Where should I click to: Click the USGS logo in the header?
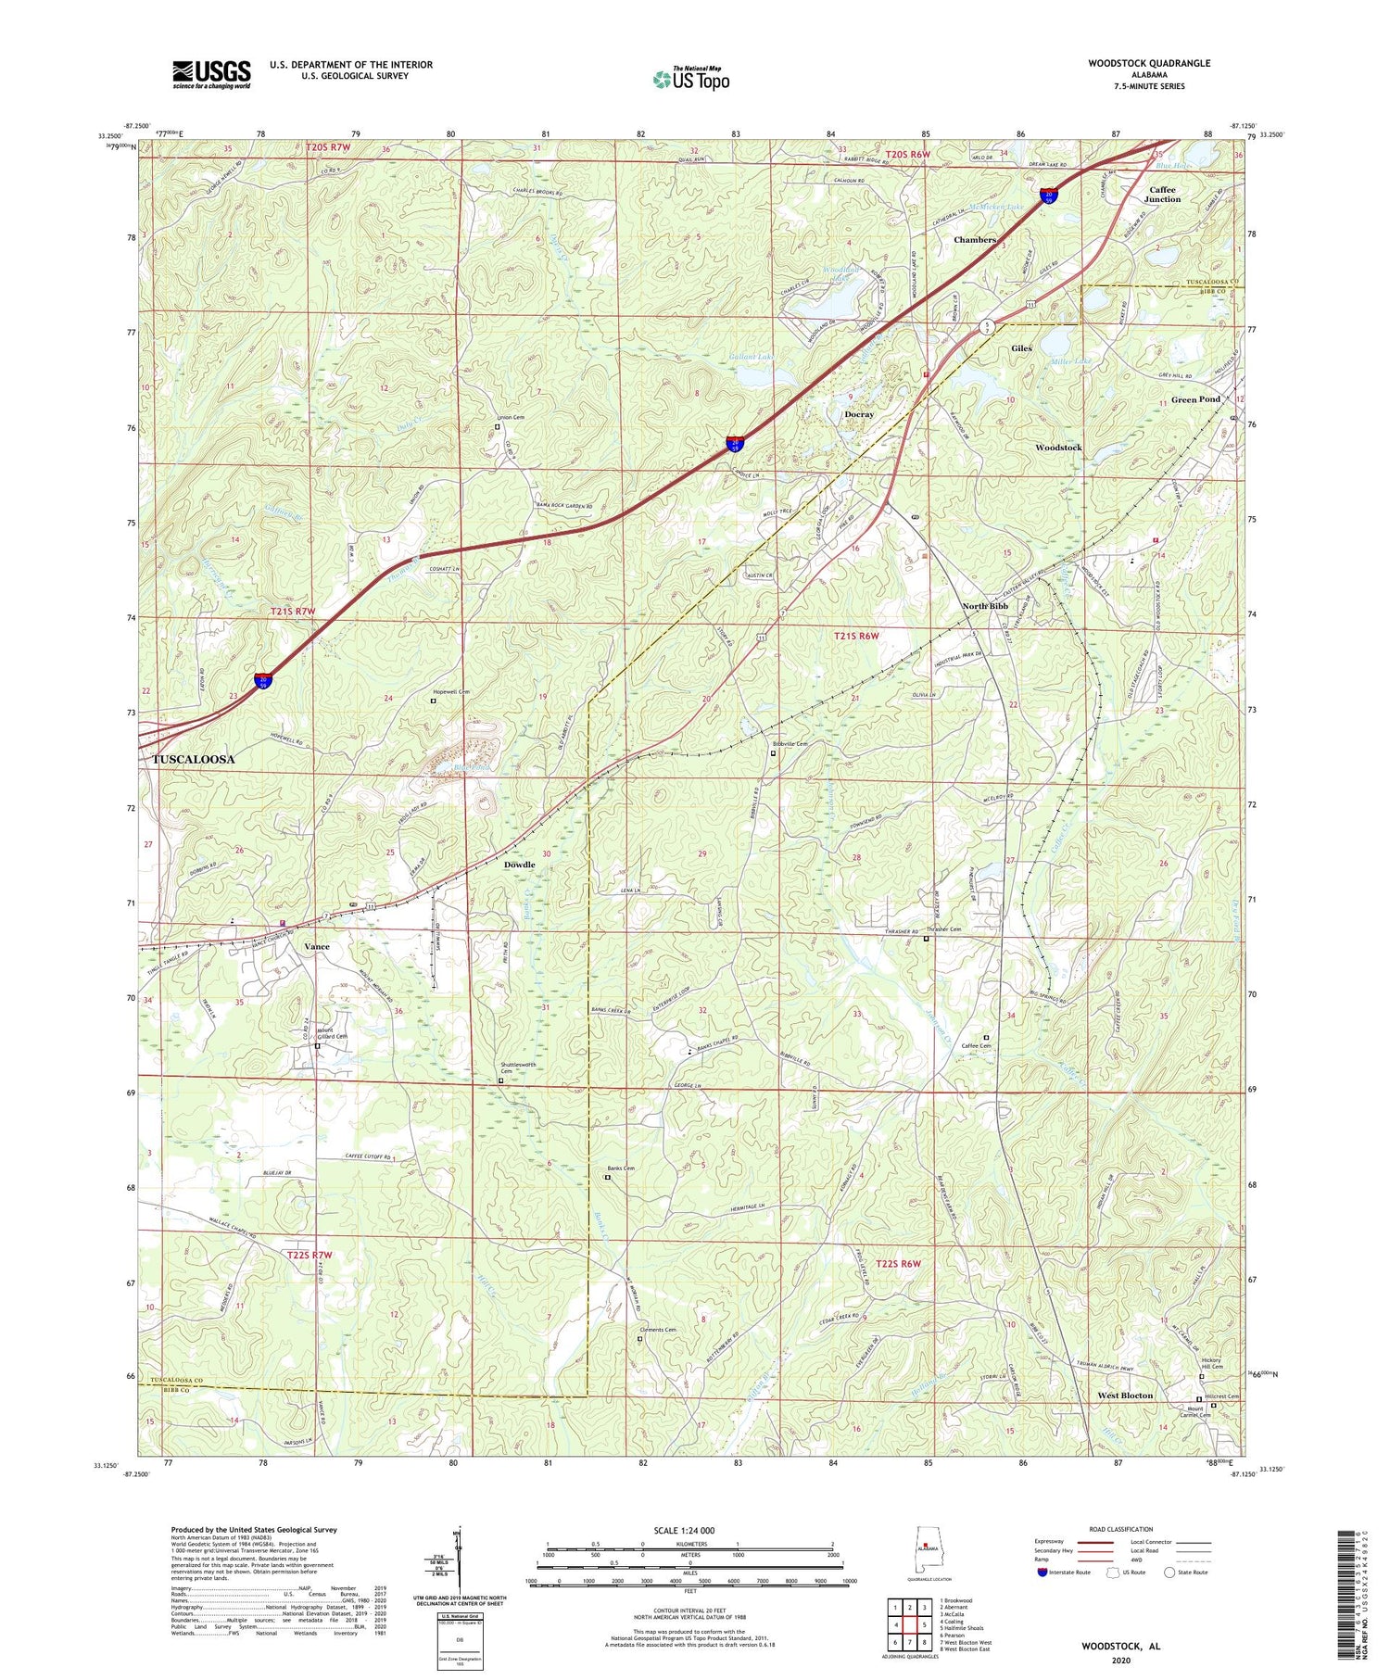211,74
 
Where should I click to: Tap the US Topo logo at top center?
690,80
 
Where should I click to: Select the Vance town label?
317,947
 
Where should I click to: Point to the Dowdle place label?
519,865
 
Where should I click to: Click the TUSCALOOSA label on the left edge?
193,758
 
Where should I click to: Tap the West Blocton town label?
1125,1395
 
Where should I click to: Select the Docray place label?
859,414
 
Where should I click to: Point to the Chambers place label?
975,239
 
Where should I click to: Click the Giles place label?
1021,348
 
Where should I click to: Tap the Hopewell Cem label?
451,691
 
